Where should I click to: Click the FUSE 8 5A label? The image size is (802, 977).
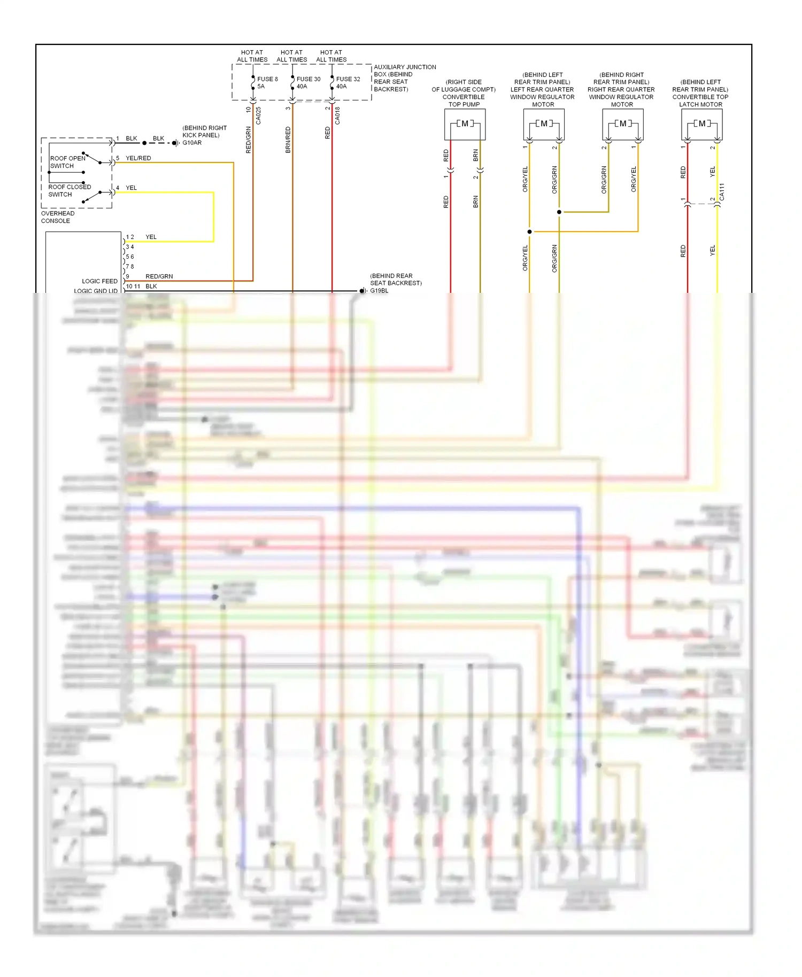click(267, 82)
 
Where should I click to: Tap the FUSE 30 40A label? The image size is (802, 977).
click(308, 82)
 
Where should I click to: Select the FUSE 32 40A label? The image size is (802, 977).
click(348, 82)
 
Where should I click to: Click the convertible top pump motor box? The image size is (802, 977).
click(465, 124)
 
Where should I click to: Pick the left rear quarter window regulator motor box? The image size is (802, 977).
click(544, 124)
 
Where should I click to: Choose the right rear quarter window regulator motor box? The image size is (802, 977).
click(622, 124)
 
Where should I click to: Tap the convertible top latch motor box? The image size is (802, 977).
click(701, 124)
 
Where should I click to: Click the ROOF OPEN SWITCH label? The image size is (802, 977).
click(67, 162)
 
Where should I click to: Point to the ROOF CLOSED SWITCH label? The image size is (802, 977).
click(69, 191)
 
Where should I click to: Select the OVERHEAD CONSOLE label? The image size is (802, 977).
click(57, 217)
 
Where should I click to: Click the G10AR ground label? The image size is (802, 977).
click(192, 143)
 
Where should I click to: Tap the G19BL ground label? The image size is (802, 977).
click(379, 291)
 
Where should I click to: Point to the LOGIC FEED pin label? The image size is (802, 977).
click(99, 281)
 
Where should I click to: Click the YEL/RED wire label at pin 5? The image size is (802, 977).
click(138, 158)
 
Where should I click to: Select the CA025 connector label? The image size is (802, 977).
click(259, 115)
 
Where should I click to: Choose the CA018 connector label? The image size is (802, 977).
click(337, 115)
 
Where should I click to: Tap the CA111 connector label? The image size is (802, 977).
click(722, 192)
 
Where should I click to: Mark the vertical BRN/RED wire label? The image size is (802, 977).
click(288, 140)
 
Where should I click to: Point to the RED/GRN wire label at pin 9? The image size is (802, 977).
click(159, 276)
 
